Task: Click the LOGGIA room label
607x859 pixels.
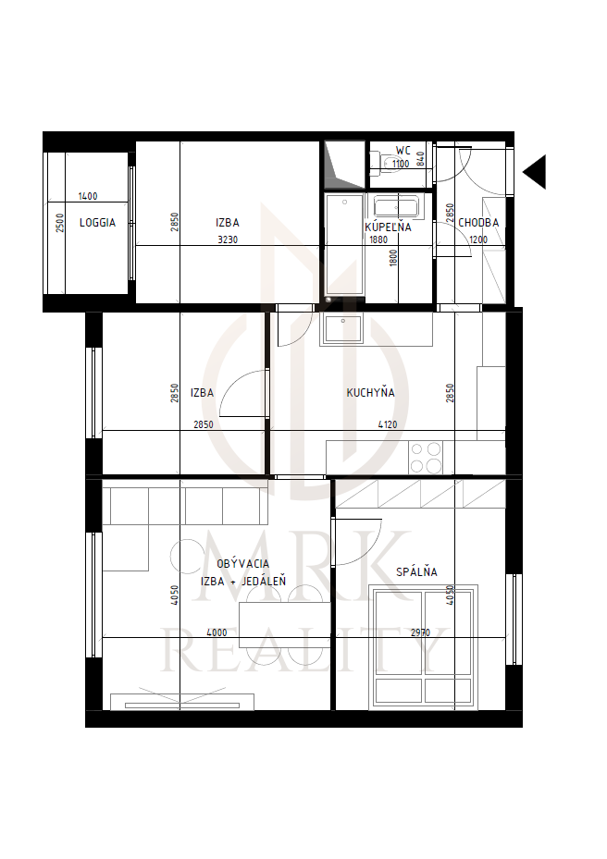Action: (97, 223)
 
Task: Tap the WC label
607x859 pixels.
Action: (403, 151)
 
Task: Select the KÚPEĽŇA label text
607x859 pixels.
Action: (389, 227)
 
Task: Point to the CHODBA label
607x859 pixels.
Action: (478, 223)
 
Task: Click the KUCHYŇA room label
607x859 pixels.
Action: (371, 392)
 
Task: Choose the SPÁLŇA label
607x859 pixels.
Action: (416, 571)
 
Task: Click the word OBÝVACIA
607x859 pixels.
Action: (243, 563)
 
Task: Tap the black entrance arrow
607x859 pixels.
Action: (535, 172)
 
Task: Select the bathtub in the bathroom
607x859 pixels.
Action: (395, 206)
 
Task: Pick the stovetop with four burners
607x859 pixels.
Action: (426, 458)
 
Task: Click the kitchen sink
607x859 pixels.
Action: (342, 328)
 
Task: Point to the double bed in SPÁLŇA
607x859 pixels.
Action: (423, 646)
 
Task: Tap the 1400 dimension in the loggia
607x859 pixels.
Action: (88, 196)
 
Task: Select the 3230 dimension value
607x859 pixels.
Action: (228, 239)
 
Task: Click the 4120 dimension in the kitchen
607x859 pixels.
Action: (388, 424)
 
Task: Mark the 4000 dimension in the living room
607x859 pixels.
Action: (217, 632)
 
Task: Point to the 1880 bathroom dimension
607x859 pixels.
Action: (378, 239)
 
